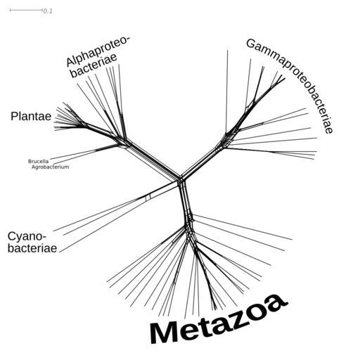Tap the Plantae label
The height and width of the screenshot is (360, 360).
[31, 116]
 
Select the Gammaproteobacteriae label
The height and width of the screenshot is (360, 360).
[290, 85]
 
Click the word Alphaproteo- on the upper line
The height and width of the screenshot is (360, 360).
[98, 51]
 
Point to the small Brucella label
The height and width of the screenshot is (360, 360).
[39, 161]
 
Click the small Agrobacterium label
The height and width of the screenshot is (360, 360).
[50, 167]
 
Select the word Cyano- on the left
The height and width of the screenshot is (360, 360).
[27, 237]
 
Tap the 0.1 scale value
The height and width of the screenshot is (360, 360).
[48, 11]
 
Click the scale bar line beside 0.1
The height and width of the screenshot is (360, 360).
[26, 10]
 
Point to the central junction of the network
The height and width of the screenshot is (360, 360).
[181, 179]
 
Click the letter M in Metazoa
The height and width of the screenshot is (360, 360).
[164, 333]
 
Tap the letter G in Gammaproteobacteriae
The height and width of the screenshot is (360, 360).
[251, 44]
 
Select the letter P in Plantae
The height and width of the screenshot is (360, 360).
[14, 116]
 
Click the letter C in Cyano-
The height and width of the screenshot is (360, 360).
[12, 237]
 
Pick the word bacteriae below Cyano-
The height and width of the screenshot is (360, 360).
[32, 248]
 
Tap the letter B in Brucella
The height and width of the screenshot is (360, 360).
[30, 161]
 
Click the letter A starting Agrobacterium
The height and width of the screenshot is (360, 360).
[33, 167]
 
